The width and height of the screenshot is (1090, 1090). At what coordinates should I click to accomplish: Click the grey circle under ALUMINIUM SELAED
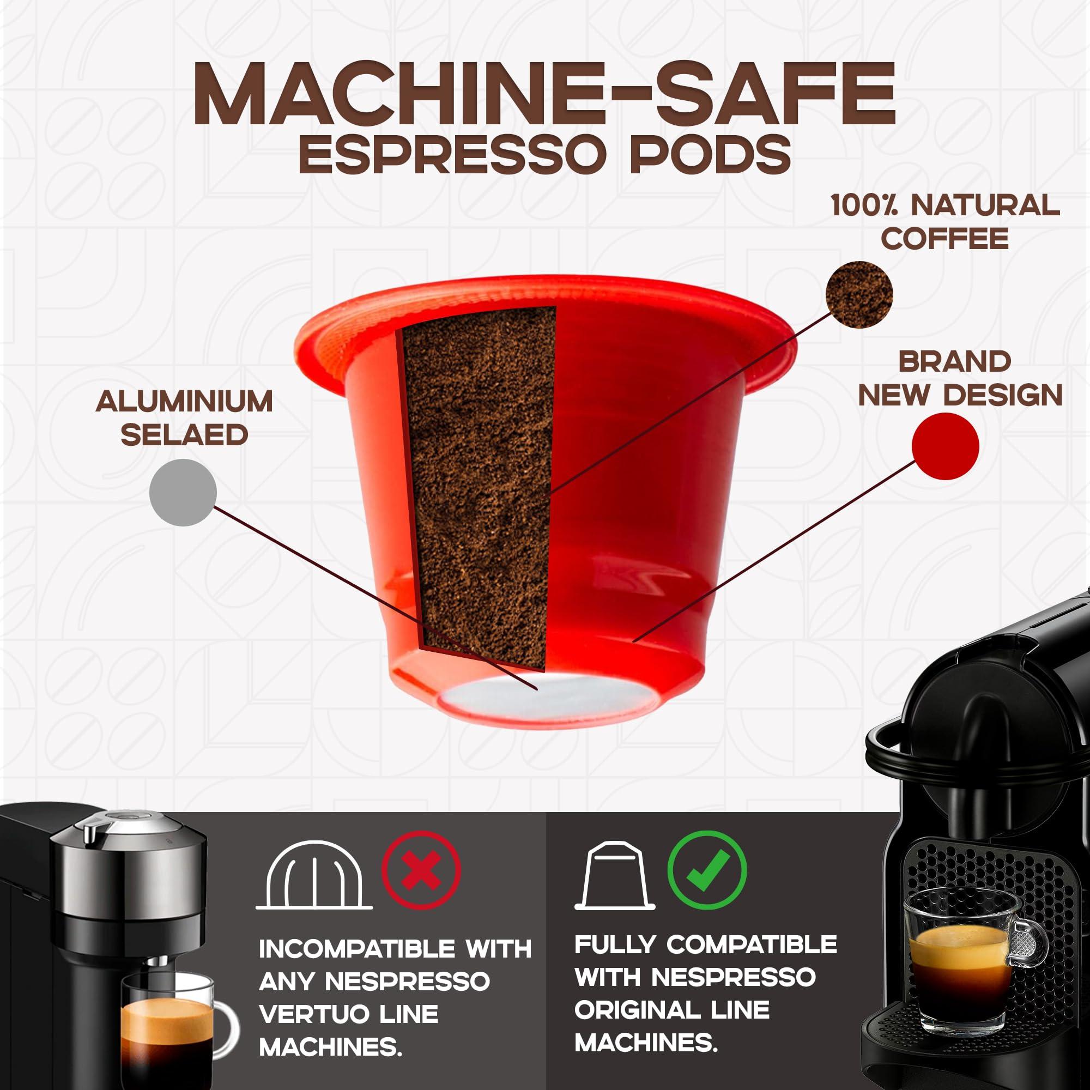183,493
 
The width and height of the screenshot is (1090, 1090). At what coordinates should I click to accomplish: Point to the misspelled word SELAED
185,434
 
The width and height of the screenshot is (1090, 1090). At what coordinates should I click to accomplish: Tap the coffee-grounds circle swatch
859,294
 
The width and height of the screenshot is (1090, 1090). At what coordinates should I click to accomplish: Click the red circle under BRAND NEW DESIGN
945,446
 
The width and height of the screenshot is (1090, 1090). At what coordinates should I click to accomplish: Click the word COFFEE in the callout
944,239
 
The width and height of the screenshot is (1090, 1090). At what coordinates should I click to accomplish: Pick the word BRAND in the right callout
954,362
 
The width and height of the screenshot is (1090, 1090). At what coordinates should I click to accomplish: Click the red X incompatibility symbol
421,870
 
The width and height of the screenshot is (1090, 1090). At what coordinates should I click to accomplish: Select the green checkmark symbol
707,870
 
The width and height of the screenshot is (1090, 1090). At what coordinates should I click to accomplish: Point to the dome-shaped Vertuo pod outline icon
314,876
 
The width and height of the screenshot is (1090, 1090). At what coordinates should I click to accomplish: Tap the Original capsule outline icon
615,876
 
